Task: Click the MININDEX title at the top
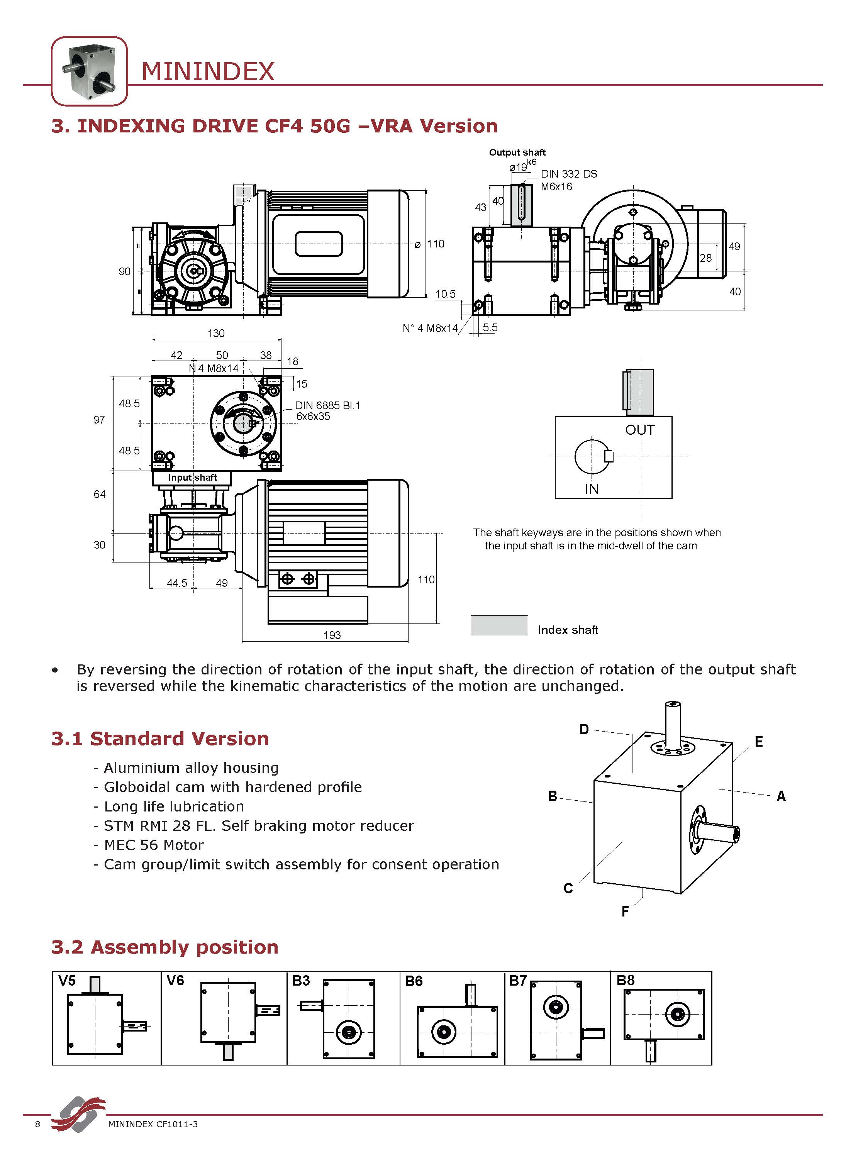(208, 71)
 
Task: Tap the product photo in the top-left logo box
(89, 71)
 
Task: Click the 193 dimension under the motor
(332, 635)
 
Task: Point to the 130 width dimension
(216, 333)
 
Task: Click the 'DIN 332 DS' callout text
(568, 174)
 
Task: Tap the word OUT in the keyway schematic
(640, 430)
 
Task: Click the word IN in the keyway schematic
(591, 489)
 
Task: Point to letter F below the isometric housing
(625, 911)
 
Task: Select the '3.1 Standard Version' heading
(160, 739)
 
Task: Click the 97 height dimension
(99, 420)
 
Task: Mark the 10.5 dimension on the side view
(445, 294)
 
